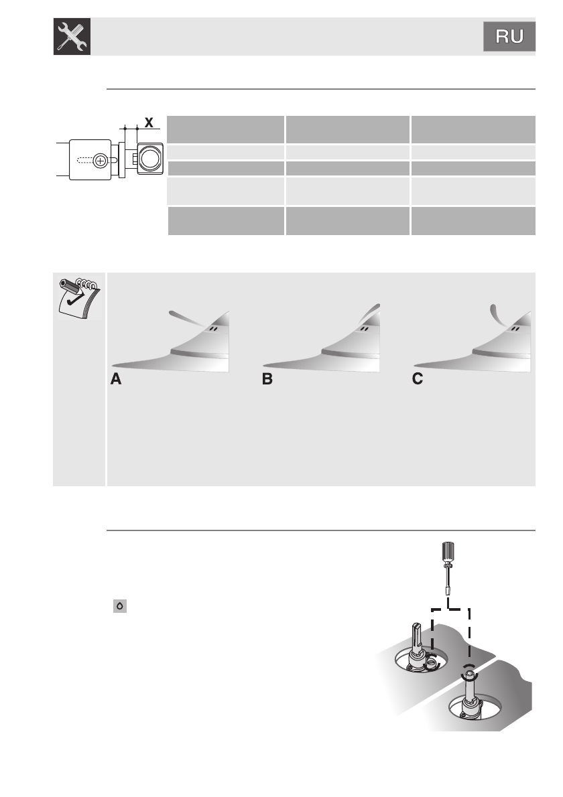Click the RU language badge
tap(509, 37)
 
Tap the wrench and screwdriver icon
tap(72, 37)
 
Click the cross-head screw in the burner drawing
tap(101, 160)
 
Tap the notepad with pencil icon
tap(78, 295)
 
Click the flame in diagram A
tap(188, 317)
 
